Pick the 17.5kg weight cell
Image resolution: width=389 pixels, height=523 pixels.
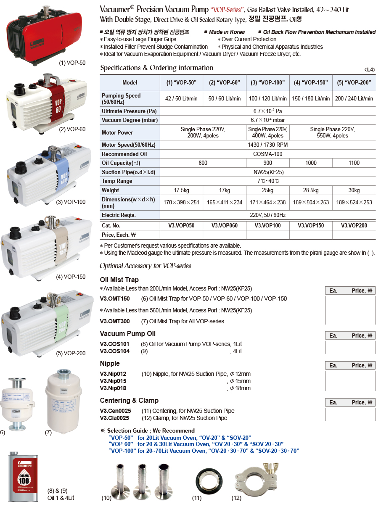(181, 190)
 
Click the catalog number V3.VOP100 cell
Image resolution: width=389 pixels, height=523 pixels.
(267, 225)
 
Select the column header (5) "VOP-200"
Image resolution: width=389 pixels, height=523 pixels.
(354, 82)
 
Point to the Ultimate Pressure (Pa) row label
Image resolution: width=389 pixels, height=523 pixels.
(124, 111)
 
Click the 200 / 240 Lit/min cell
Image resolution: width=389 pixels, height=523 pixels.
(354, 98)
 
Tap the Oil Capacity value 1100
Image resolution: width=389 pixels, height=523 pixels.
(354, 163)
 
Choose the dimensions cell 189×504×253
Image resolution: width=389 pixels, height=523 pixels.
(311, 202)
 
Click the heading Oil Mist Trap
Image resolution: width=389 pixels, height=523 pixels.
(119, 280)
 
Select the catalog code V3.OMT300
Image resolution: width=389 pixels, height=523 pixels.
(115, 321)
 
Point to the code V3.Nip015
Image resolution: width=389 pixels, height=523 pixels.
(113, 381)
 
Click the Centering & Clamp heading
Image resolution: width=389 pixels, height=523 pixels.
(129, 400)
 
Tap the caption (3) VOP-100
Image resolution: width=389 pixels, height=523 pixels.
(71, 202)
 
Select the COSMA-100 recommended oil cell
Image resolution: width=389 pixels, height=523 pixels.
(267, 154)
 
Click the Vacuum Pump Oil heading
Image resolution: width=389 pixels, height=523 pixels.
(127, 333)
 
